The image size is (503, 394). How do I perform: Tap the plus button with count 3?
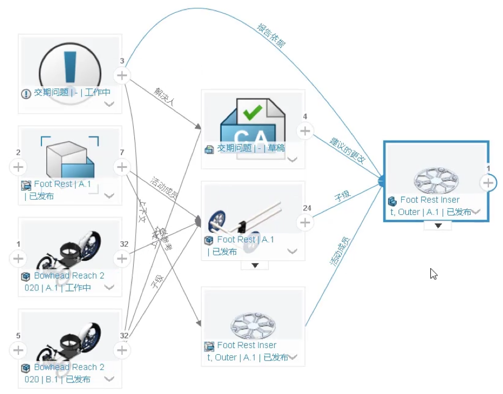tap(122, 75)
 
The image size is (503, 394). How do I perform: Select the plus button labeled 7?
tap(122, 167)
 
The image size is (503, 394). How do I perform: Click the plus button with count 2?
tap(18, 167)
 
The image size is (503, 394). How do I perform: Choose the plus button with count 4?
tap(304, 131)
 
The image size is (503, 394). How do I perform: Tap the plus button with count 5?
tap(18, 350)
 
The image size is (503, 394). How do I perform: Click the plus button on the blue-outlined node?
tap(488, 182)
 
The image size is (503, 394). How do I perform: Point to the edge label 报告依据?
tap(271, 36)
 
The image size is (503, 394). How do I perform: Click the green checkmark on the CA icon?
tap(252, 111)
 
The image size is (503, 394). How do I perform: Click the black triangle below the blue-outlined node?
tap(439, 226)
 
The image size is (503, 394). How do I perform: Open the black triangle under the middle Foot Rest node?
tap(255, 265)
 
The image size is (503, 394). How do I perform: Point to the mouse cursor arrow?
tap(433, 273)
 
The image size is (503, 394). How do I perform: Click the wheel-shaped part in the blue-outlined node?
tap(436, 179)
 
